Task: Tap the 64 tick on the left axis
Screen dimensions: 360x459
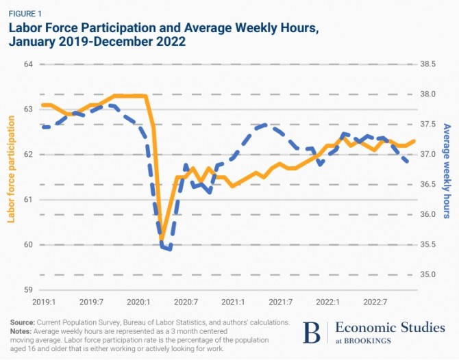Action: click(x=29, y=64)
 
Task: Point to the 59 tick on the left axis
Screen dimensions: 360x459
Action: click(x=29, y=290)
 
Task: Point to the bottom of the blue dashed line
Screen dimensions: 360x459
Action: click(x=169, y=249)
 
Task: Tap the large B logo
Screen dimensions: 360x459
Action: click(x=312, y=332)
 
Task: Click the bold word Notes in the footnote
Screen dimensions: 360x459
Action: click(x=20, y=329)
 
